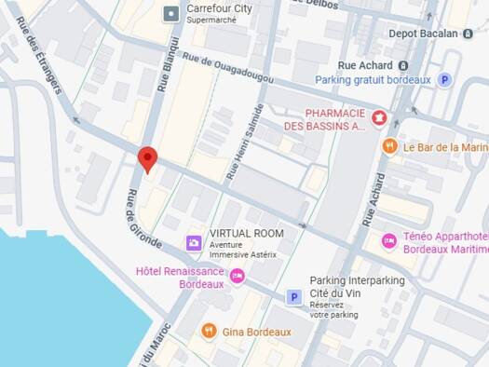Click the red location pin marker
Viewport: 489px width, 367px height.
[x=146, y=158]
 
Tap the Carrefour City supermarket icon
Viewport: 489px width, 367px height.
[x=170, y=14]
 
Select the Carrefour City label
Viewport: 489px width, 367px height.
[x=219, y=9]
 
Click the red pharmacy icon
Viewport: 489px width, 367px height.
[x=379, y=117]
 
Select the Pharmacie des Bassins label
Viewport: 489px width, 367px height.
[x=323, y=119]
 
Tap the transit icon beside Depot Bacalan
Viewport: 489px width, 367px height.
[x=480, y=34]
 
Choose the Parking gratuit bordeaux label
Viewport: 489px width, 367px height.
[x=373, y=80]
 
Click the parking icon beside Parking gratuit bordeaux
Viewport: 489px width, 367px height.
[x=444, y=80]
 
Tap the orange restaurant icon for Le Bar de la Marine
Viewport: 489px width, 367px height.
[x=389, y=146]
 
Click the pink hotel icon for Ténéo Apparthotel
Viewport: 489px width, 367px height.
[x=389, y=241]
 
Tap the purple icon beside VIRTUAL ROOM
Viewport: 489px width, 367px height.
[x=193, y=243]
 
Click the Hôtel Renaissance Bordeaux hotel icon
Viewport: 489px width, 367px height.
[x=237, y=276]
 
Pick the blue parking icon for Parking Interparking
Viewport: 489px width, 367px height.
[x=293, y=297]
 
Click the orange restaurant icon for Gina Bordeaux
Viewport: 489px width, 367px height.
[x=210, y=332]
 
